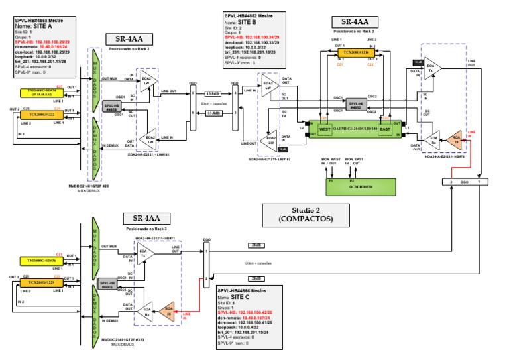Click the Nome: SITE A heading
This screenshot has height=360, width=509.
[36, 26]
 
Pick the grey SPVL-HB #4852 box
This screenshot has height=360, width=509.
[356, 104]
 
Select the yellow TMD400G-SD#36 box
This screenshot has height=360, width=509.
[37, 261]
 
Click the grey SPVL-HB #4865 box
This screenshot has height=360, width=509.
[105, 283]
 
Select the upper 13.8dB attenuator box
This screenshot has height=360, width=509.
[213, 94]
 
